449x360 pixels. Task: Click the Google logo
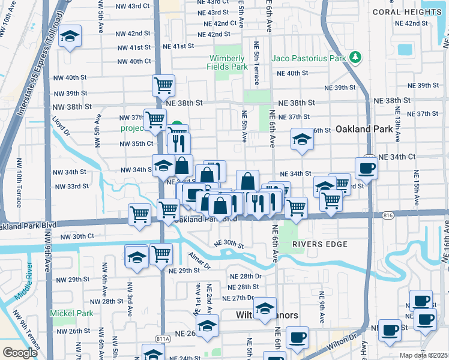click(20, 353)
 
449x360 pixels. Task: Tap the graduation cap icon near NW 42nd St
click(70, 36)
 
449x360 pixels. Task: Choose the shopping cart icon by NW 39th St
click(163, 86)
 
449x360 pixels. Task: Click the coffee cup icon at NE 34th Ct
click(366, 168)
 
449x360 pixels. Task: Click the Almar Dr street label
click(199, 261)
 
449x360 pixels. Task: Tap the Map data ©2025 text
click(424, 355)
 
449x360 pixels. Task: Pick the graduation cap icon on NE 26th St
click(208, 327)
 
